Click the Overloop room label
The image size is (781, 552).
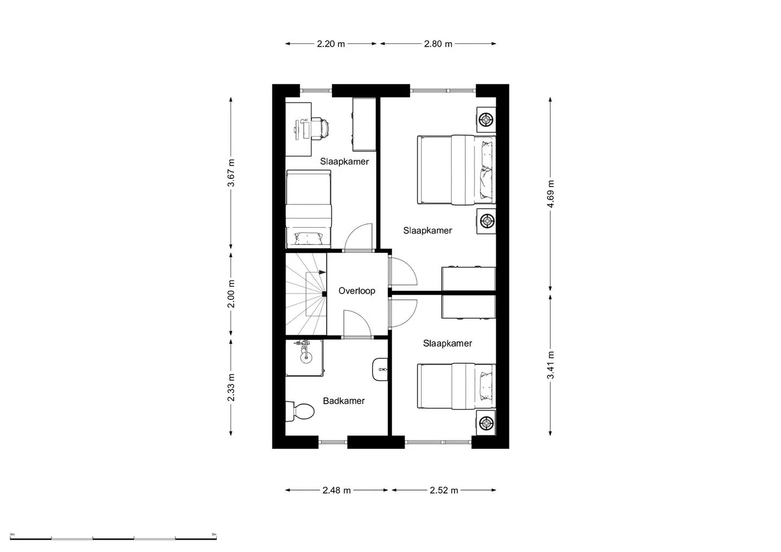[x=357, y=291]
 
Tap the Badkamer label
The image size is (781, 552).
[x=344, y=401]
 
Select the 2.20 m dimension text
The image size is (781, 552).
[x=331, y=44]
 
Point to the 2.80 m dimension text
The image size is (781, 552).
[x=438, y=44]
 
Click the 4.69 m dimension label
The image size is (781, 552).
[x=550, y=194]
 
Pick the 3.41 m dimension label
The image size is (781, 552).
[x=550, y=365]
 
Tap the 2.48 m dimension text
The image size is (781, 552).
[x=336, y=490]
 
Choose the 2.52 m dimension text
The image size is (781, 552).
[x=444, y=490]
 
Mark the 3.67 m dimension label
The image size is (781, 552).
[x=231, y=173]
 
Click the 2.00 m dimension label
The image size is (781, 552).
[x=231, y=294]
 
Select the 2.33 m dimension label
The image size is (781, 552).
[x=231, y=387]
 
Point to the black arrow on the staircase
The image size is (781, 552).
[x=322, y=272]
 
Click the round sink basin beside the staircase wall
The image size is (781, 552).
[x=306, y=356]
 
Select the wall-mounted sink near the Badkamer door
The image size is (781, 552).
[x=380, y=369]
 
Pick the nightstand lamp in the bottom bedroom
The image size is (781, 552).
[x=486, y=423]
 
